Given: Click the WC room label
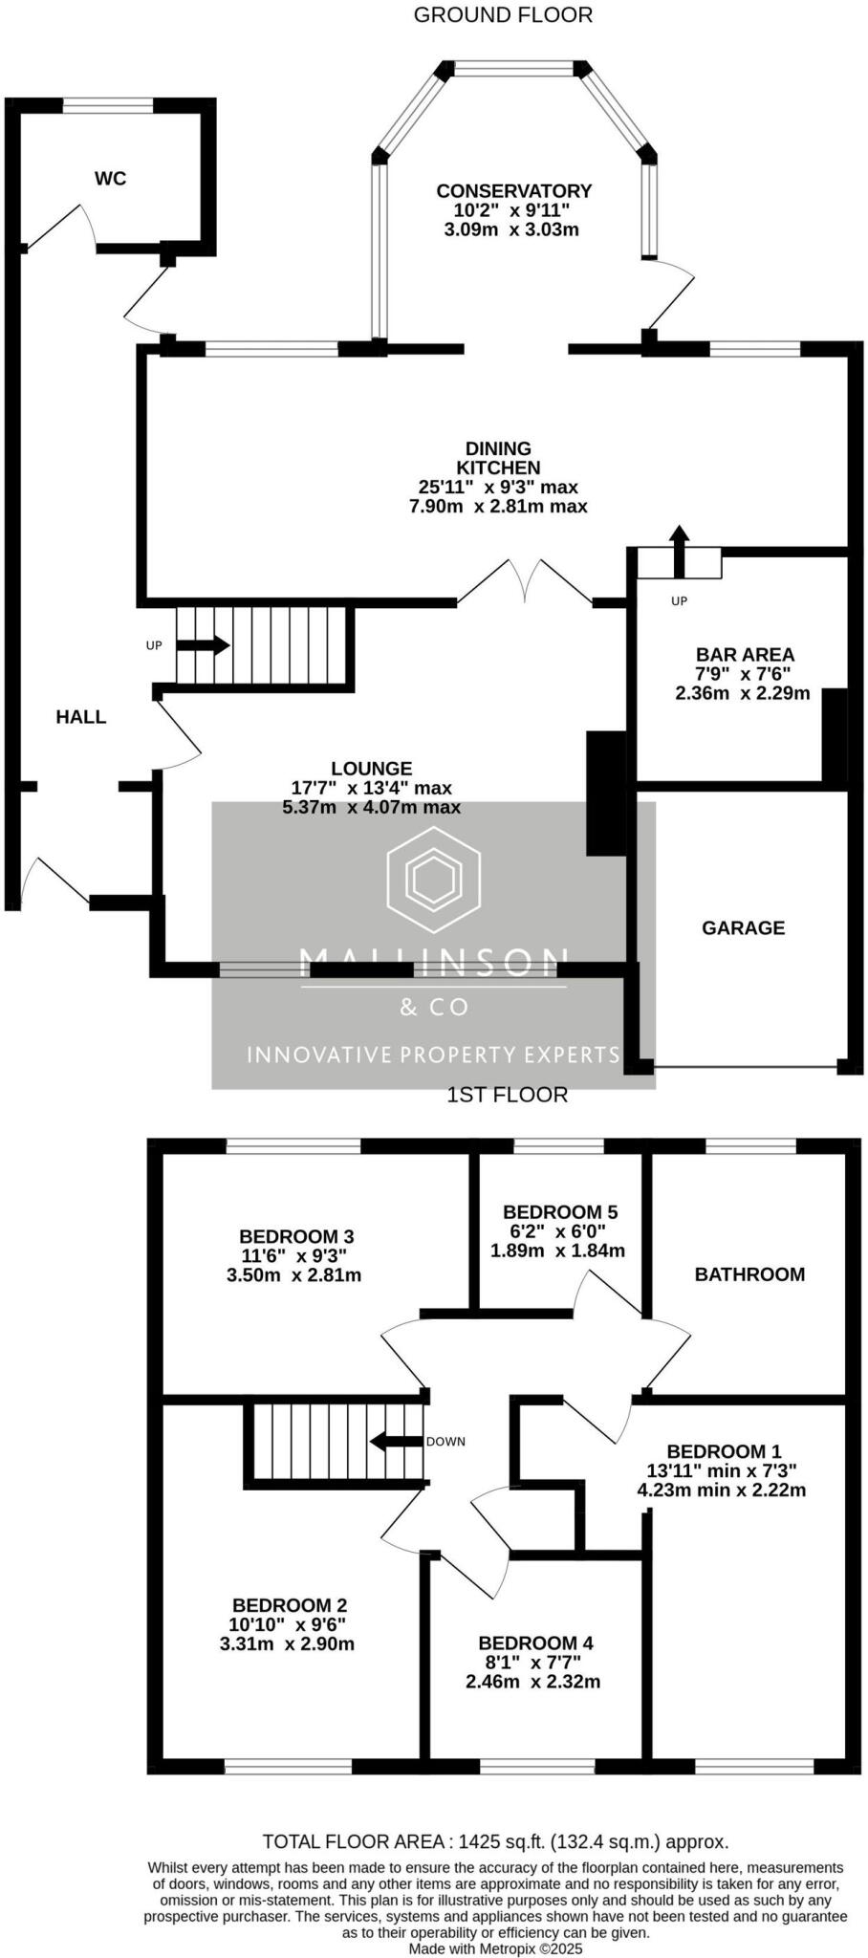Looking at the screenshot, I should (x=110, y=179).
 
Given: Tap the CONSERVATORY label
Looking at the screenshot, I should (x=513, y=191).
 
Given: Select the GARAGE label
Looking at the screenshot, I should (x=743, y=927).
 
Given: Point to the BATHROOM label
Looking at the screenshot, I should (x=749, y=1273).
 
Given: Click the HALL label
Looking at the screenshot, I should (x=81, y=717).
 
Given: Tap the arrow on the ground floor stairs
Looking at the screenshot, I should (x=203, y=645).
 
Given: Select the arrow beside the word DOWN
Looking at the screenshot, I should (x=396, y=1441).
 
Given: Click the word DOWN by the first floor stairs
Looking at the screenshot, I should (x=446, y=1441).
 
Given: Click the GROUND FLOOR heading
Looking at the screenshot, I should (x=503, y=14).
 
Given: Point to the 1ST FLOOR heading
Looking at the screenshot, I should (x=508, y=1095).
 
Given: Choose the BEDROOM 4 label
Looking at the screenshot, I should (x=536, y=1643).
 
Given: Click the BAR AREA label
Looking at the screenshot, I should (x=745, y=655).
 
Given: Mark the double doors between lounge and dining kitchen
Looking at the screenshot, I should (x=526, y=582).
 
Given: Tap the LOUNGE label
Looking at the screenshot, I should (x=372, y=768).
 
